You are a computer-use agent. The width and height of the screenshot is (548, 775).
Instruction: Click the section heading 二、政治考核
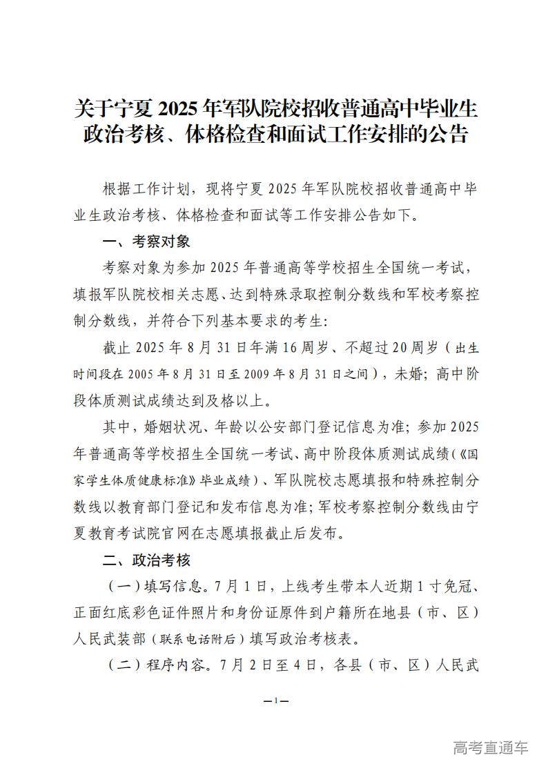coord(144,560)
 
